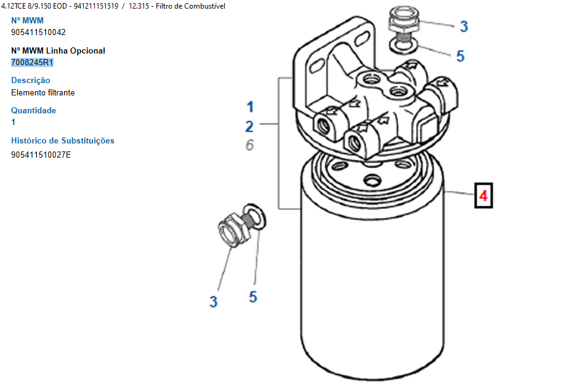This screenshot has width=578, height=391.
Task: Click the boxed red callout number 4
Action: [483, 196]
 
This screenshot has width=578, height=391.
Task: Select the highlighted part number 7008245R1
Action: [33, 62]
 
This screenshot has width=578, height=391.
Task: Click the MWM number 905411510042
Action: [38, 32]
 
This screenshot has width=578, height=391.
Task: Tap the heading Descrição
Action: [31, 80]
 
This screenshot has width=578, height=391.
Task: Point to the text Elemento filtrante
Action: [43, 92]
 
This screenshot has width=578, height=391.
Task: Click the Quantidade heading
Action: [33, 110]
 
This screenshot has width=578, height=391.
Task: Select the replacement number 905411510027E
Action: [41, 154]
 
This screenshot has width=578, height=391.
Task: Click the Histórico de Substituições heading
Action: [63, 140]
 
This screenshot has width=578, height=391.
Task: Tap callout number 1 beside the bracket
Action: [250, 106]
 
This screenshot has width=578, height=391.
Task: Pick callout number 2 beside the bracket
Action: [249, 126]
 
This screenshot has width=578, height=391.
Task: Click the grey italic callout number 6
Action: [249, 145]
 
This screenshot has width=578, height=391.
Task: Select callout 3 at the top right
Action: [464, 26]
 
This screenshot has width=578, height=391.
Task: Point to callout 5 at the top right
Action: [460, 56]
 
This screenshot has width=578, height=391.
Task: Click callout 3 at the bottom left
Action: [213, 302]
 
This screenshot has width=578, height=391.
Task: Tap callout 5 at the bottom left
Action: [253, 297]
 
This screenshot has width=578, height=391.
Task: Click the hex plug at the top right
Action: [403, 22]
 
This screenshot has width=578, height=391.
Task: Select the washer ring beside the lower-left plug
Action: [255, 217]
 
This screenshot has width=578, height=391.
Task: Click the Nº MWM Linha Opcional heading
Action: [58, 50]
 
